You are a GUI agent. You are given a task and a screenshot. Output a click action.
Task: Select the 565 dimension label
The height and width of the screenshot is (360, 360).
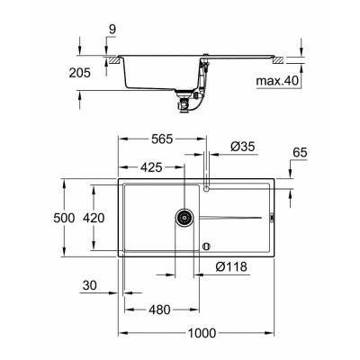click(x=163, y=139)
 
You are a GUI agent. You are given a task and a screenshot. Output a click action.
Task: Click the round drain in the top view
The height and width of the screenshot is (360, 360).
click(x=184, y=217)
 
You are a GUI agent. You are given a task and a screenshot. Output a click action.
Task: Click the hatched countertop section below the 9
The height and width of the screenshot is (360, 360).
click(x=114, y=60)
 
